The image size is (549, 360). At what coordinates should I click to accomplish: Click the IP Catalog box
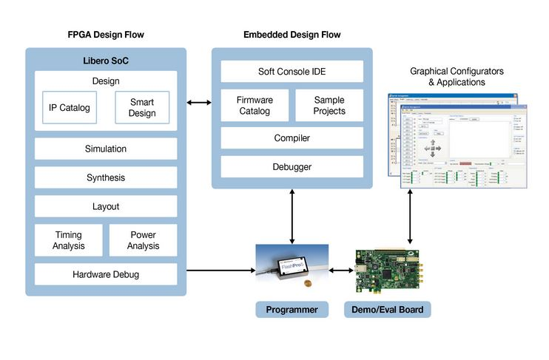pos(69,108)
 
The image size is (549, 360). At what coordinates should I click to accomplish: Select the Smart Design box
pos(142,108)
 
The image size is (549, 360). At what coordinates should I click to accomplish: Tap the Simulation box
pos(106,149)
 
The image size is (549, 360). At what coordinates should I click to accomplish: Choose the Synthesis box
pos(106,177)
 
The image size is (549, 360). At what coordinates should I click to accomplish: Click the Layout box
pos(106,206)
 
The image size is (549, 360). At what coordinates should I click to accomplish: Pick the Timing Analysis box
pos(69,240)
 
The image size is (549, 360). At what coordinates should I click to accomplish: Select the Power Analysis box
pos(143,240)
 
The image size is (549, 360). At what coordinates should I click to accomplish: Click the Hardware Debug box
pos(106,274)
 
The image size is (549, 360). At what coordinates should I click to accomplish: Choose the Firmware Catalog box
pos(253,105)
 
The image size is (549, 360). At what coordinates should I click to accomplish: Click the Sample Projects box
pos(329,105)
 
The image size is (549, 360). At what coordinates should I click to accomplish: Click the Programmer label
pos(292,310)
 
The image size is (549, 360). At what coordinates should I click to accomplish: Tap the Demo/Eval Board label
pos(385,310)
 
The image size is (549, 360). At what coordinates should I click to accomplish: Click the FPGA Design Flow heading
pos(106,35)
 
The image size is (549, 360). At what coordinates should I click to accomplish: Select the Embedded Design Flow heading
pos(292,35)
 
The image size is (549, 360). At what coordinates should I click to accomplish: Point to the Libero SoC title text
pos(106,59)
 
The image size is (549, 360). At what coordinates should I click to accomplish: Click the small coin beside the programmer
pos(309,283)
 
